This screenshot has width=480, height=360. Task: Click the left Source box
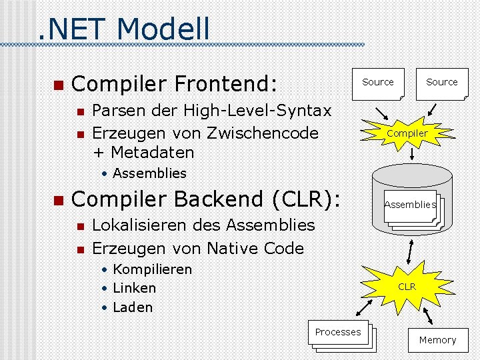click(x=378, y=83)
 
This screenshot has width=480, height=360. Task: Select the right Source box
click(x=442, y=83)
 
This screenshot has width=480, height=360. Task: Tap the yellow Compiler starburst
click(x=407, y=133)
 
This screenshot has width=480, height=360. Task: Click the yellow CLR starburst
click(x=407, y=287)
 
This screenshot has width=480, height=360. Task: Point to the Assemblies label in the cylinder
click(x=409, y=205)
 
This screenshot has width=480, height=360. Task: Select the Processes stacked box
click(x=339, y=333)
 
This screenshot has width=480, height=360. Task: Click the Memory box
click(x=437, y=340)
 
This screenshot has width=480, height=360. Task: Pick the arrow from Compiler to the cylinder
click(x=413, y=153)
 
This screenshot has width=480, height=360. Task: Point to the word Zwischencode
click(x=263, y=133)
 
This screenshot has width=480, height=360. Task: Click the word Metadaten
click(x=152, y=152)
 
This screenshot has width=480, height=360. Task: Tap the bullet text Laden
click(x=133, y=307)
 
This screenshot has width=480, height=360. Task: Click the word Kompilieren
click(x=152, y=269)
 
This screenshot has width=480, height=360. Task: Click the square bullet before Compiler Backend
click(x=57, y=200)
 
